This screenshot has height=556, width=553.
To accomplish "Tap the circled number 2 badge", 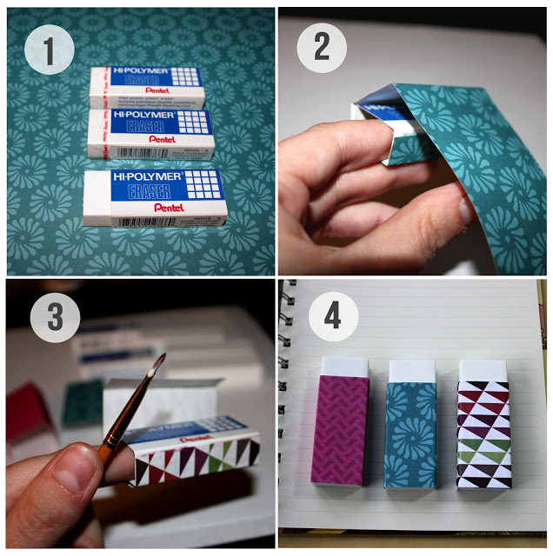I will [x=322, y=45].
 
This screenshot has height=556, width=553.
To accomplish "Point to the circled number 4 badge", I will [x=332, y=314].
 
